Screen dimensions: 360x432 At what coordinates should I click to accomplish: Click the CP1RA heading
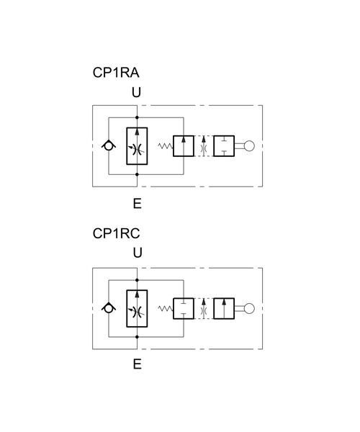[116, 73]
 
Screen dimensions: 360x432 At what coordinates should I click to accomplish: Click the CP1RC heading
[116, 233]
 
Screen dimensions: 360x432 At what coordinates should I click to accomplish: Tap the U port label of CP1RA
[137, 93]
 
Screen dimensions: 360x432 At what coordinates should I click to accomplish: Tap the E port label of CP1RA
[138, 204]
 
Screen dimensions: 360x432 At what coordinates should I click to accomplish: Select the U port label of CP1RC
[138, 253]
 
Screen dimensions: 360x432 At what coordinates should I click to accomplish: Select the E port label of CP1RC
[138, 364]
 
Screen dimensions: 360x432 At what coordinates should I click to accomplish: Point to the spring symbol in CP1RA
[166, 146]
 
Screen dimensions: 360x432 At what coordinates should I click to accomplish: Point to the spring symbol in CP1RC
[166, 309]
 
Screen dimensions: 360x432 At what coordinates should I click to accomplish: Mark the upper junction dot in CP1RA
[138, 117]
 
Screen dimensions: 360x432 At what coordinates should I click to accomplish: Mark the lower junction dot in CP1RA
[138, 174]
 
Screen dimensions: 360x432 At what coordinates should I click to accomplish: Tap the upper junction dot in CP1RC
[138, 280]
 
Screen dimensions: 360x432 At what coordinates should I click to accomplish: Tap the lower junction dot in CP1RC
[138, 337]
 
